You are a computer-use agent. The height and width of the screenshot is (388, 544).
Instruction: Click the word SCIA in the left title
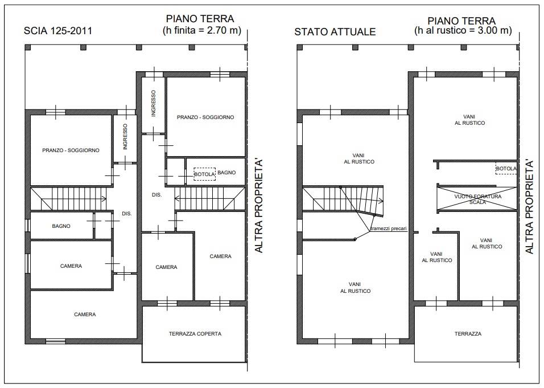[x=36, y=31]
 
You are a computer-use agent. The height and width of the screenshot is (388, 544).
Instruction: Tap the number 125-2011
[x=72, y=31]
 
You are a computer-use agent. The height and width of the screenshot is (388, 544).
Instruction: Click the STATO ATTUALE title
[x=335, y=32]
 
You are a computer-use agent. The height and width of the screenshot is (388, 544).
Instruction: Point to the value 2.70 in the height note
[x=217, y=30]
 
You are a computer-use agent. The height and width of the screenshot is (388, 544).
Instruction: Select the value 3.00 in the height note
[x=488, y=30]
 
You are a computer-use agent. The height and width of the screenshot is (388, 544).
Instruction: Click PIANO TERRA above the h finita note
[x=200, y=19]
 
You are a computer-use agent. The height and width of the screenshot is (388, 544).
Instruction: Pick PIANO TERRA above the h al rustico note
[x=461, y=21]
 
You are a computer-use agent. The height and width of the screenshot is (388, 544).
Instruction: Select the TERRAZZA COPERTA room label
[x=195, y=334]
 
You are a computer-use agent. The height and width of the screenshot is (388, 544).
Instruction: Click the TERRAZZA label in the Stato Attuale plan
[x=468, y=334]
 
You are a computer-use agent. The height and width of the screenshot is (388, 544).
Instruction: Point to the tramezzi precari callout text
[x=388, y=229]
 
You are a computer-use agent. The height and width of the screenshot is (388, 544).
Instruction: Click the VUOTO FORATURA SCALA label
[x=478, y=199]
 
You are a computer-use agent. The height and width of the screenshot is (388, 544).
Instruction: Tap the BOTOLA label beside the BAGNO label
[x=204, y=174]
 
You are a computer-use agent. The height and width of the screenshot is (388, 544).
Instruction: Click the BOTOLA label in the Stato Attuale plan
[x=506, y=169]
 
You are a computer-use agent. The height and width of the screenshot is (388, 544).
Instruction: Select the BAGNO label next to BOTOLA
[x=226, y=173]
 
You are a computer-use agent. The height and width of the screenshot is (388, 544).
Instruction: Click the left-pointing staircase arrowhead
[x=176, y=199]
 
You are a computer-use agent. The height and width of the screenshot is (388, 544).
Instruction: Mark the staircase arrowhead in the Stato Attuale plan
[x=381, y=201]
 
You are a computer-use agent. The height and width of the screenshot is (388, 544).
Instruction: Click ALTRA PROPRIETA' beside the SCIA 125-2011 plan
[x=259, y=206]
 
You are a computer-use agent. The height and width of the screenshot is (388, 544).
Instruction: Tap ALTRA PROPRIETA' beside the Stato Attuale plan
[x=529, y=207]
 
